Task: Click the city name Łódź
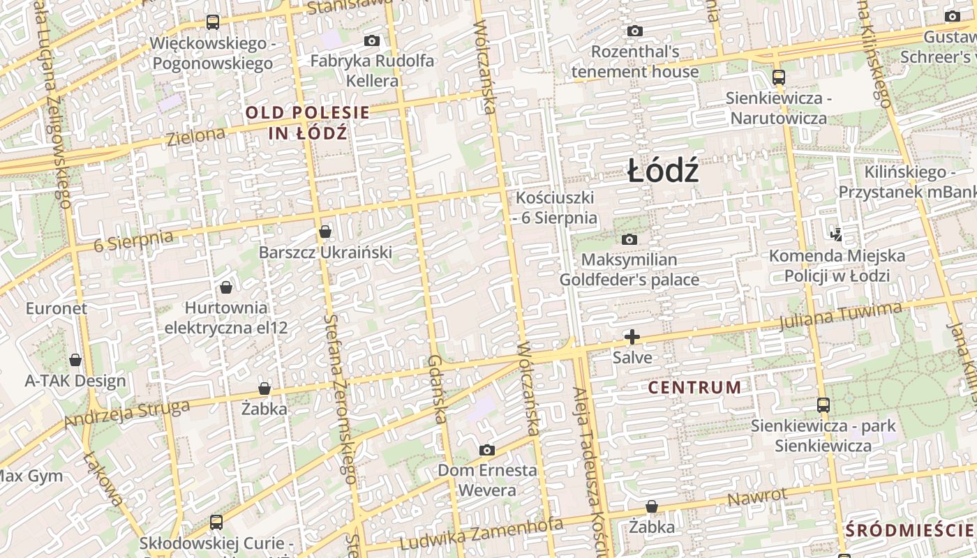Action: click(663, 172)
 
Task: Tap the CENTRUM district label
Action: click(694, 387)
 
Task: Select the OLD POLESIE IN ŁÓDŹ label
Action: click(307, 122)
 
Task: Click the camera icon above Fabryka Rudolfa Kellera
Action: click(372, 41)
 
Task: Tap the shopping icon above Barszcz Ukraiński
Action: click(325, 232)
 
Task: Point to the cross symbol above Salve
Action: click(632, 338)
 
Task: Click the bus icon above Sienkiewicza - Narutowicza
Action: click(778, 77)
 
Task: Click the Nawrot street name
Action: click(757, 497)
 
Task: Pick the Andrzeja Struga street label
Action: click(127, 414)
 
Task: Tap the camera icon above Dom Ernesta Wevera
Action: click(487, 450)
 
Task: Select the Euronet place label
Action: click(57, 308)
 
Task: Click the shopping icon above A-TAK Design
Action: click(75, 360)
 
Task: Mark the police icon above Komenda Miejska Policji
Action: click(836, 234)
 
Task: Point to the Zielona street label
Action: click(196, 136)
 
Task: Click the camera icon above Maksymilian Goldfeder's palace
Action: click(629, 240)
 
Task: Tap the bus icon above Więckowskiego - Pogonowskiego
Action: click(213, 22)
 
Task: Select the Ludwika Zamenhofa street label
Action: click(482, 534)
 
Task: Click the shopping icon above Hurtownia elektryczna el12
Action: click(226, 287)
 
